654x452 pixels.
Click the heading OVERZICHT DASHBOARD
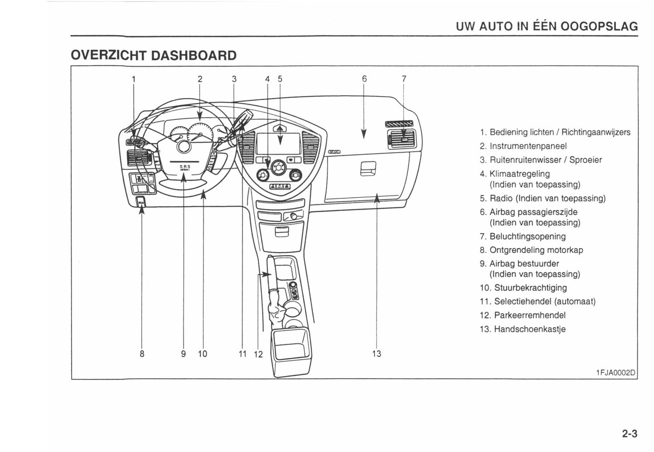tap(153, 55)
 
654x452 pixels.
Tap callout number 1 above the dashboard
tap(133, 79)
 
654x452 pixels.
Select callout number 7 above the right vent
tap(404, 79)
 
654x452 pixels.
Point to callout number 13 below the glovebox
tap(377, 354)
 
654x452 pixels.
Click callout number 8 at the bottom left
tap(142, 354)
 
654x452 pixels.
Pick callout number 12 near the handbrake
tap(258, 354)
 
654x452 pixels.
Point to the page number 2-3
tap(629, 433)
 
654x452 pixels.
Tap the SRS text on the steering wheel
tap(185, 166)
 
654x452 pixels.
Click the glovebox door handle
tap(365, 169)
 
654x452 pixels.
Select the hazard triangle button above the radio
tap(279, 129)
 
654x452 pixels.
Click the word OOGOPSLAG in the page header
tap(599, 26)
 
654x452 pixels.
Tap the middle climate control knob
tap(276, 168)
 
